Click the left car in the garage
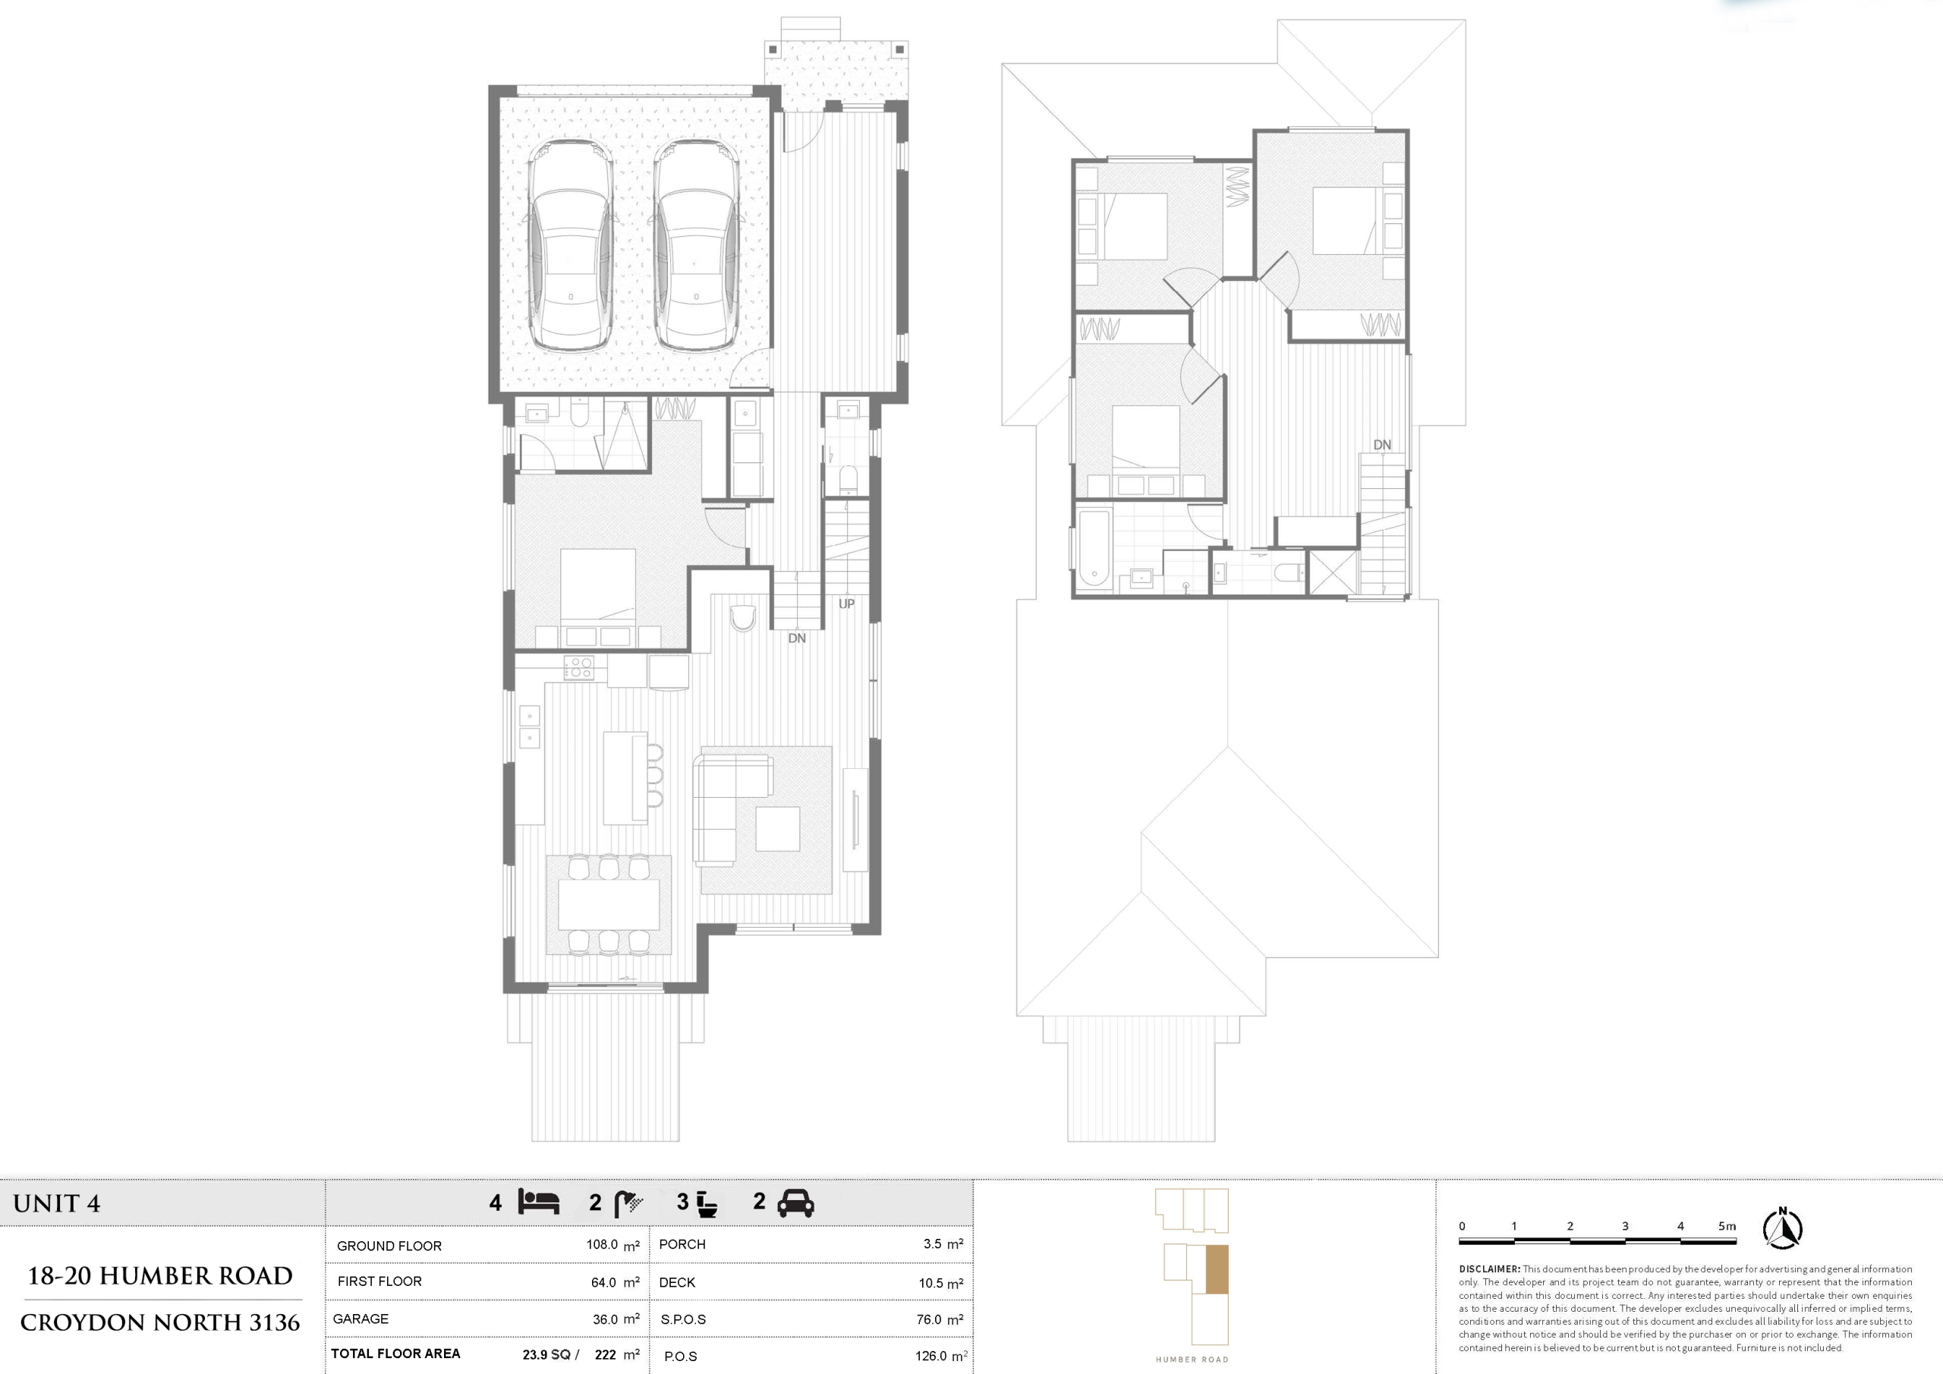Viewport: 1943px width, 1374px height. [x=570, y=245]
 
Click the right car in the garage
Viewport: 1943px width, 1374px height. [x=697, y=245]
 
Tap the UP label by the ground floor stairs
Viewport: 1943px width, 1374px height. [x=846, y=603]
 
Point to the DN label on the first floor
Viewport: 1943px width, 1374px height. [x=1382, y=444]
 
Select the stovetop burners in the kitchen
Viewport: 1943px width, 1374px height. [x=579, y=667]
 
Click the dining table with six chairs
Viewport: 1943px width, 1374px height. [x=609, y=905]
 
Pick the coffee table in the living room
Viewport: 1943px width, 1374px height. [x=778, y=829]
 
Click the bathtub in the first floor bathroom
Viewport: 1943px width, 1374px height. [x=1094, y=548]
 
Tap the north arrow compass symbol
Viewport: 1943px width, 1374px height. [x=1782, y=1229]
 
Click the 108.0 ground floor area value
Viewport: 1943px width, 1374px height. [x=602, y=1244]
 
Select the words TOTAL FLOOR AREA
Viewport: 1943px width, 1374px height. [x=395, y=1354]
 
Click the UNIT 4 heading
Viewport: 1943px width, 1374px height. [x=57, y=1204]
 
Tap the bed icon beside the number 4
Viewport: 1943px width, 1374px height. [x=538, y=1202]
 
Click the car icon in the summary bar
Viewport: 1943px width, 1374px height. [x=795, y=1203]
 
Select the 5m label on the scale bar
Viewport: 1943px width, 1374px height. [x=1727, y=1226]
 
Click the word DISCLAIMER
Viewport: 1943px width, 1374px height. [x=1489, y=1269]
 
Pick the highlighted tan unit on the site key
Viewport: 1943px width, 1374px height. [x=1216, y=1270]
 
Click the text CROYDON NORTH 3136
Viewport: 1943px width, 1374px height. [x=160, y=1322]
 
